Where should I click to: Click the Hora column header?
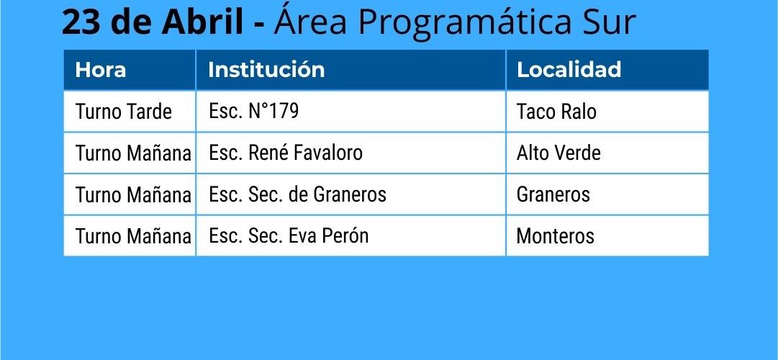[x=100, y=70]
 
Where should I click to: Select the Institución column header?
[x=266, y=70]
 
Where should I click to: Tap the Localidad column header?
[x=569, y=70]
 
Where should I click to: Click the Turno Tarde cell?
[x=124, y=112]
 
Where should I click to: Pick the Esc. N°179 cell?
[x=253, y=111]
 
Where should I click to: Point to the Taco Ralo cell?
[x=556, y=112]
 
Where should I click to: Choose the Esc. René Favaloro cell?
[x=286, y=153]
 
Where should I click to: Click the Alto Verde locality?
[x=558, y=153]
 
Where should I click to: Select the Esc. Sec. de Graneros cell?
[x=298, y=194]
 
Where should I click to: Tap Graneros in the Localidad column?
[x=553, y=194]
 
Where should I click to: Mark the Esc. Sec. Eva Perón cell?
[x=289, y=235]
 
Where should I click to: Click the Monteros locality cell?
[x=555, y=236]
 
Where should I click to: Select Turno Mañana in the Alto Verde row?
[x=133, y=153]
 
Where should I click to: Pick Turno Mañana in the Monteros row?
[x=133, y=236]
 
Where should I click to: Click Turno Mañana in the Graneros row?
[x=133, y=194]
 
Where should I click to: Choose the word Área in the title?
[x=310, y=21]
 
